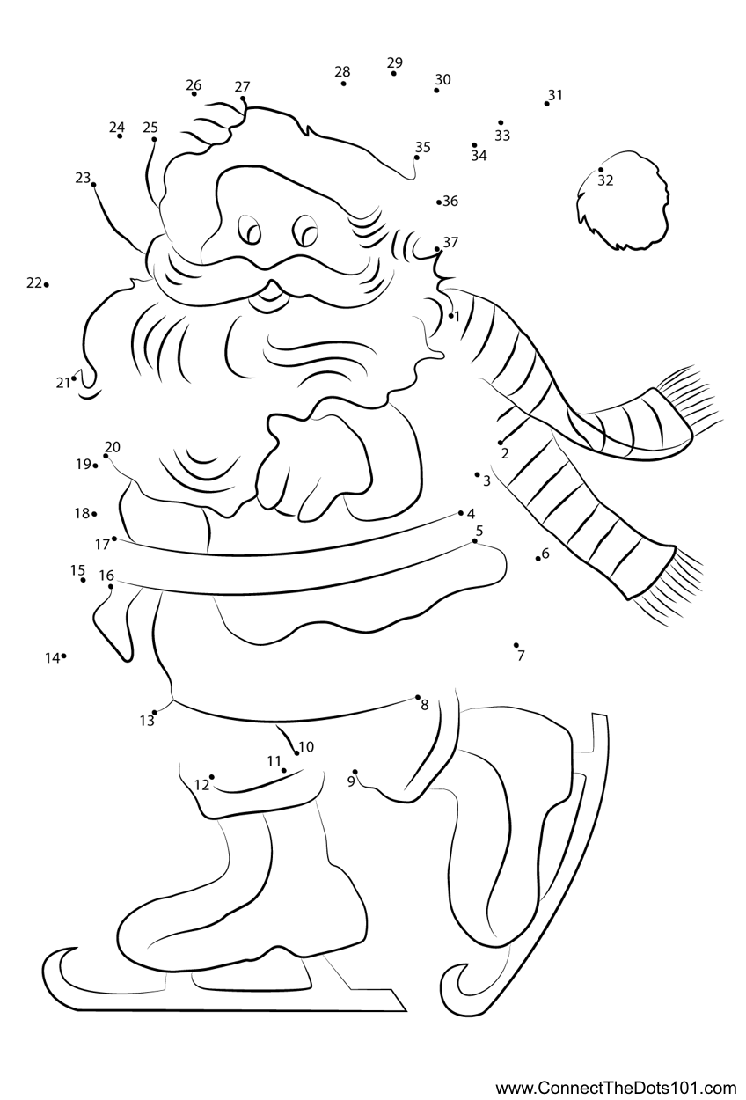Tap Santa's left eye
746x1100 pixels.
pyautogui.click(x=304, y=230)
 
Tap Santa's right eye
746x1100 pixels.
pyautogui.click(x=249, y=229)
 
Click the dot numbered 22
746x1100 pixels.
pyautogui.click(x=46, y=284)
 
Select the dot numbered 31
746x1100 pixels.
pyautogui.click(x=546, y=104)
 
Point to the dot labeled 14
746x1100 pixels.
pyautogui.click(x=64, y=656)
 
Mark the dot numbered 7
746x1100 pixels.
pyautogui.click(x=516, y=645)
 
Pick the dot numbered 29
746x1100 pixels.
pyautogui.click(x=393, y=74)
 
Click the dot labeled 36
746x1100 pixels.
pyautogui.click(x=439, y=202)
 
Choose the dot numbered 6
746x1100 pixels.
pyautogui.click(x=538, y=559)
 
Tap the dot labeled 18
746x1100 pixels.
pyautogui.click(x=94, y=514)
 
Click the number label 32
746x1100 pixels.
pyautogui.click(x=605, y=180)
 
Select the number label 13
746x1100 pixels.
pyautogui.click(x=147, y=721)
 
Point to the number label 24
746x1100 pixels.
pyautogui.click(x=117, y=128)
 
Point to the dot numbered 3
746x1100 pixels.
pyautogui.click(x=477, y=474)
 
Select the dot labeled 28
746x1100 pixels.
pyautogui.click(x=344, y=84)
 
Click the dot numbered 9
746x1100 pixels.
pyautogui.click(x=355, y=772)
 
